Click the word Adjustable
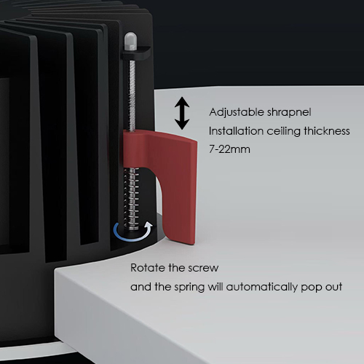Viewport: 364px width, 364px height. click(237, 112)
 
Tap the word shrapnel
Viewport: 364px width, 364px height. click(289, 112)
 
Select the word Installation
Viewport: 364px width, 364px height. click(236, 131)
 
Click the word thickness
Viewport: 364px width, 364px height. click(327, 131)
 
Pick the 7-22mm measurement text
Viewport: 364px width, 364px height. click(229, 149)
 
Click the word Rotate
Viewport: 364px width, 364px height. click(148, 268)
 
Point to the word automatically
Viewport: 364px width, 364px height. click(261, 288)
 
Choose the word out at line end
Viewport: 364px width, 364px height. click(333, 287)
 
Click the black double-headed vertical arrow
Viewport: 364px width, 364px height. click(182, 114)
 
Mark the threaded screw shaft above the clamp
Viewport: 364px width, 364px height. click(132, 95)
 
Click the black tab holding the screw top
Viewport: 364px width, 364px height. click(135, 52)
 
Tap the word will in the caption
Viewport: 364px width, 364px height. click(215, 287)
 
